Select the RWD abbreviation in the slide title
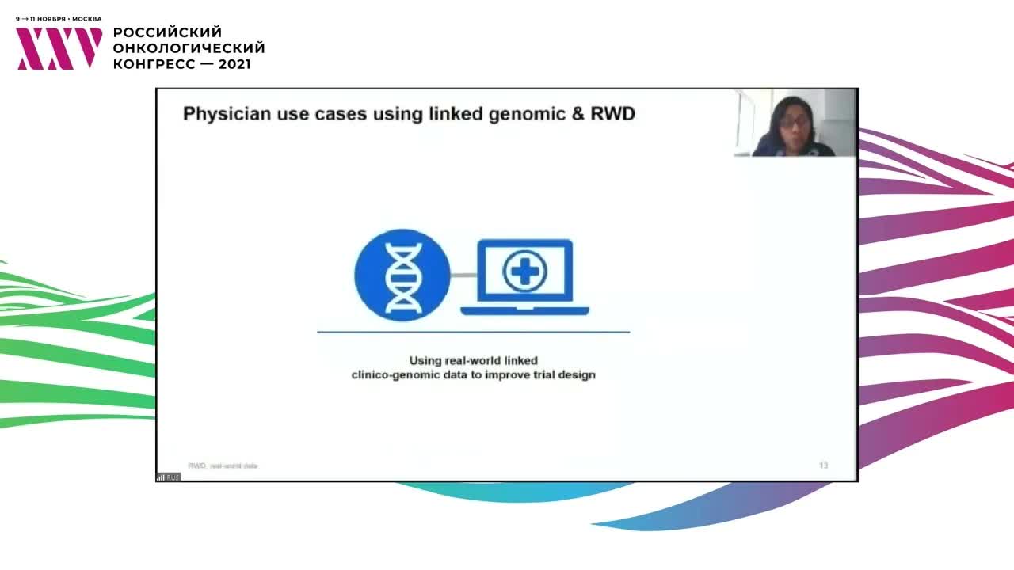click(x=613, y=114)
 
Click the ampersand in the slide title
click(x=578, y=114)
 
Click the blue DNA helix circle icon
click(x=402, y=275)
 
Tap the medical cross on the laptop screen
click(x=525, y=272)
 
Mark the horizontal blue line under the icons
click(x=473, y=332)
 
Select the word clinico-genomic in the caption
click(x=395, y=374)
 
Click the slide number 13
click(x=823, y=465)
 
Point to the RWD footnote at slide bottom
click(x=223, y=465)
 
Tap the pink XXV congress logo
click(x=59, y=49)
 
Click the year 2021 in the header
click(x=234, y=64)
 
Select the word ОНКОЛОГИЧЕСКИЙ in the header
click(x=189, y=48)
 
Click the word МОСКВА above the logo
click(x=86, y=18)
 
